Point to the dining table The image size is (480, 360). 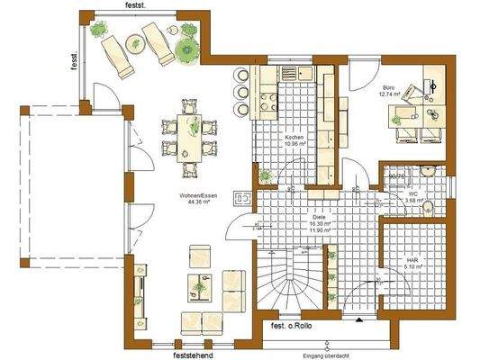pos(190,136)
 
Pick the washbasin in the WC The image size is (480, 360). pos(430,171)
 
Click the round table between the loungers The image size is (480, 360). pos(132,41)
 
